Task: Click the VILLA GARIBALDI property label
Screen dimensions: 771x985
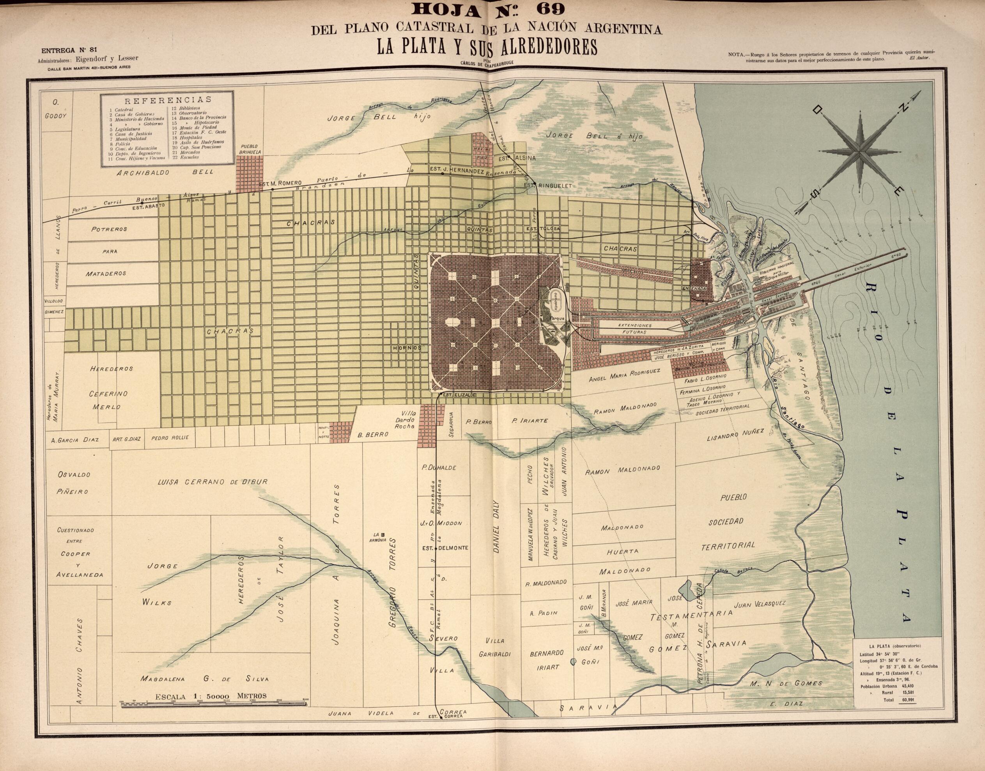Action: click(x=495, y=647)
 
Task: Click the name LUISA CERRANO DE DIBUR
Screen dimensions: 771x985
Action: click(x=212, y=482)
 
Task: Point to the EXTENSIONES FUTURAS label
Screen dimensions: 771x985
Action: click(x=634, y=328)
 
